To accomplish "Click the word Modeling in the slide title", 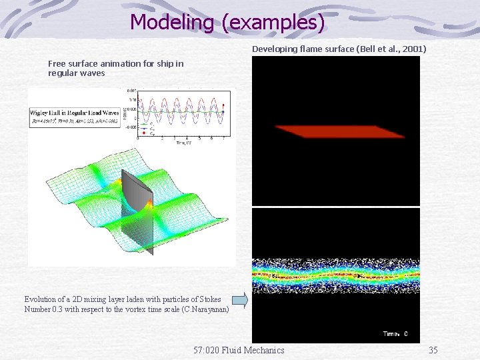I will [173, 22].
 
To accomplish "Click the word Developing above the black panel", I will [273, 49].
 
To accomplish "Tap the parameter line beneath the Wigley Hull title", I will [74, 123].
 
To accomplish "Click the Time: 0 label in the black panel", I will [395, 334].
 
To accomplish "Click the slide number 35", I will [433, 350].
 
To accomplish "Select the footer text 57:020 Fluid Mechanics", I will [238, 350].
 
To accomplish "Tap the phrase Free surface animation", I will [93, 64].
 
